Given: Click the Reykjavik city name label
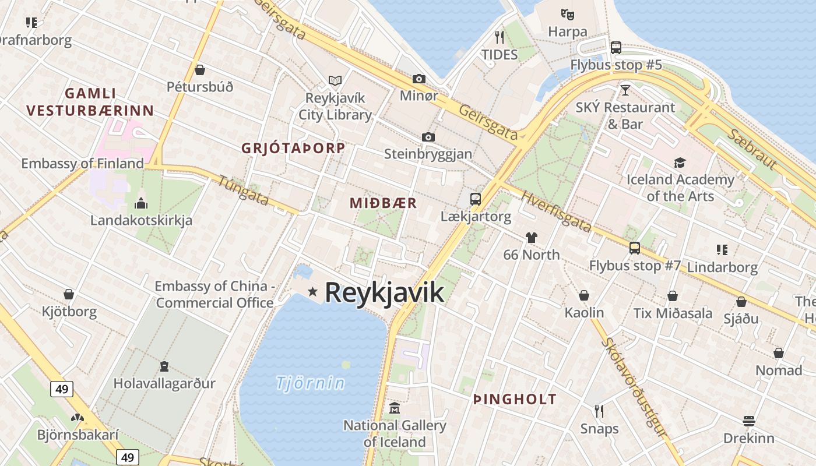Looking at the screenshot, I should pyautogui.click(x=384, y=292).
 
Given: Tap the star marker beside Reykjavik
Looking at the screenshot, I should pyautogui.click(x=313, y=291).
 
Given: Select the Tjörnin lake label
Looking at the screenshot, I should pyautogui.click(x=310, y=383).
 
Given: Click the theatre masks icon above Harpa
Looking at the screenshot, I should pyautogui.click(x=567, y=14).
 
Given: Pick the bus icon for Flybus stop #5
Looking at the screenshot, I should pyautogui.click(x=616, y=48).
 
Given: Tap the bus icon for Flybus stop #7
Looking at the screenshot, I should pyautogui.click(x=635, y=248).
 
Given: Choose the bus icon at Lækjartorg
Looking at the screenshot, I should pyautogui.click(x=476, y=199).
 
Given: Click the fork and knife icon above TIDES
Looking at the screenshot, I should pyautogui.click(x=500, y=37).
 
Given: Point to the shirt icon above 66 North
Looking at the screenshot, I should pyautogui.click(x=531, y=237).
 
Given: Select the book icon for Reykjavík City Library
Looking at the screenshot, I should pyautogui.click(x=335, y=80).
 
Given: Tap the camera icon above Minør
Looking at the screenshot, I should pyautogui.click(x=419, y=79).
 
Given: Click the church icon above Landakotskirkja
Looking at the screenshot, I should pyautogui.click(x=140, y=203).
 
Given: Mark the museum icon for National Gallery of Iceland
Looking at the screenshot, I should pyautogui.click(x=395, y=408).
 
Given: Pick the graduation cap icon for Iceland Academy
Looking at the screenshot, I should pyautogui.click(x=680, y=163).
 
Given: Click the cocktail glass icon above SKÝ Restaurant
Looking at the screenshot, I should pyautogui.click(x=625, y=90).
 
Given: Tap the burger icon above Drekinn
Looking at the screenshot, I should pyautogui.click(x=749, y=421).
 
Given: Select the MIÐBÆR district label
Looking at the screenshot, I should pyautogui.click(x=383, y=203).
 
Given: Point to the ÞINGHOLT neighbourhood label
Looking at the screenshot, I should pyautogui.click(x=515, y=400).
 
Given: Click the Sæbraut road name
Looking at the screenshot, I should pyautogui.click(x=752, y=149).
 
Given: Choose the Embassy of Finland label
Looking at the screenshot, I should pyautogui.click(x=82, y=164).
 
